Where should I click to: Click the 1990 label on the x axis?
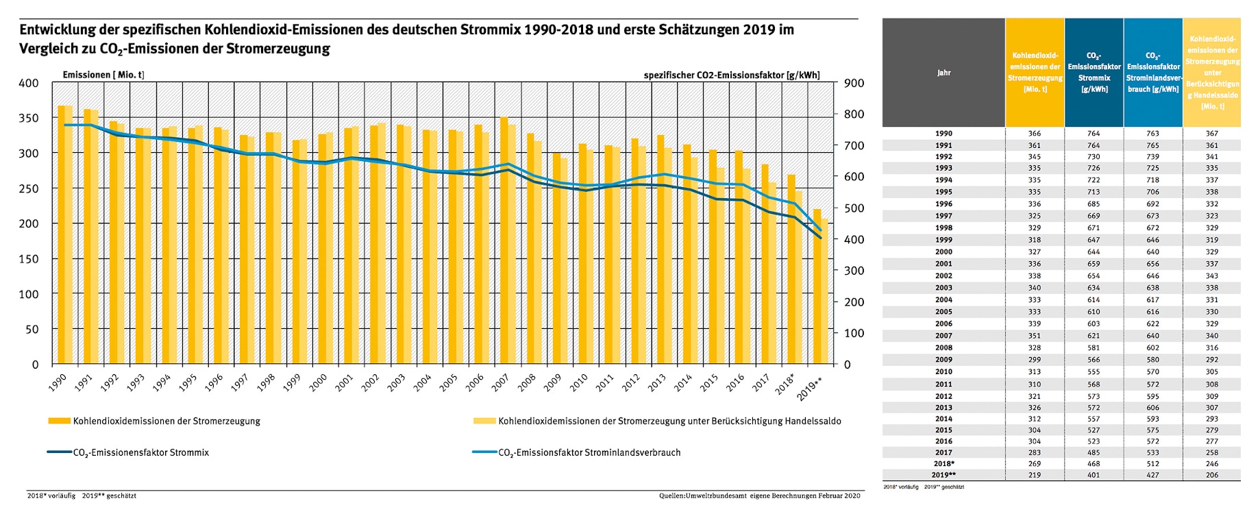58,382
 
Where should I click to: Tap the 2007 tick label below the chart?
500,382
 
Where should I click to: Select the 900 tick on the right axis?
854,84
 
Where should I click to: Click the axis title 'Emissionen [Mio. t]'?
103,75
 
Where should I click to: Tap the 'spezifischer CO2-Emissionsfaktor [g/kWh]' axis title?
731,75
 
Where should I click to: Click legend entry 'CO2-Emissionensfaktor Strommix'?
140,452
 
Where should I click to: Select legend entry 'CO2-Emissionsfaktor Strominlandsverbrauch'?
589,452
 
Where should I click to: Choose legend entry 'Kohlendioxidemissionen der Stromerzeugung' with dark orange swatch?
166,421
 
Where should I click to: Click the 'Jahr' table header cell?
943,73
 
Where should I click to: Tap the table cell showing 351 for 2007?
1034,336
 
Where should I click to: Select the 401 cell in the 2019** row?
1094,475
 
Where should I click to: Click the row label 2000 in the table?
943,252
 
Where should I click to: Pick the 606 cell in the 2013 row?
1152,408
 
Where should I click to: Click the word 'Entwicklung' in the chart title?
60,30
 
